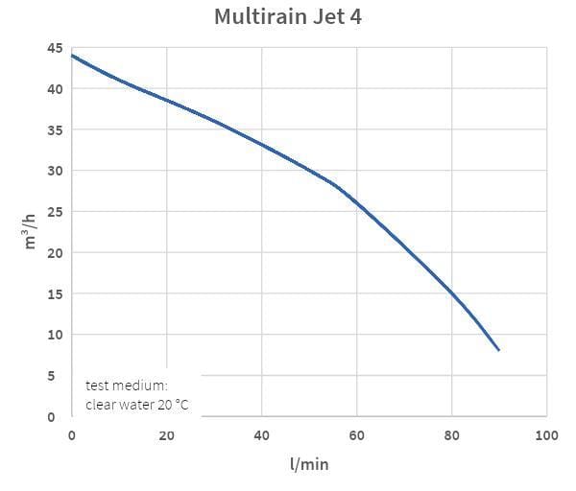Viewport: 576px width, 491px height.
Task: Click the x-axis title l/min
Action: coord(308,464)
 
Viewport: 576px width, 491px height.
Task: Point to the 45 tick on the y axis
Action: coord(56,48)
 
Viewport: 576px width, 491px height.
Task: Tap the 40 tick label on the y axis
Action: coord(56,89)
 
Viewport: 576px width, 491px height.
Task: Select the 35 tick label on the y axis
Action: coord(56,130)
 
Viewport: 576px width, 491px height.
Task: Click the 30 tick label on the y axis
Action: coord(56,171)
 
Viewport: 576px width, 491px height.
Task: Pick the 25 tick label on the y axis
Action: coord(56,212)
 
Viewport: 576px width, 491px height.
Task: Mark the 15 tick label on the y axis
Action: coord(56,293)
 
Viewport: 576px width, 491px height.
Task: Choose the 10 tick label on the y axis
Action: coord(56,335)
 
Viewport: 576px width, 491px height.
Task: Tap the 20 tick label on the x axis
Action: coord(166,436)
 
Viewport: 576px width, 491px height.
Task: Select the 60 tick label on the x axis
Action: coord(356,436)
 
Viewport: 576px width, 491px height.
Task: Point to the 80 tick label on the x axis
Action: coord(451,436)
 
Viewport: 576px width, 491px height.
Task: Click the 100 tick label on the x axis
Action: coord(546,436)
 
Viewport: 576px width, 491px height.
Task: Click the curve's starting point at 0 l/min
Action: coord(72,56)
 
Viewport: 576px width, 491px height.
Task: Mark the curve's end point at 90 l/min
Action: coord(499,351)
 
